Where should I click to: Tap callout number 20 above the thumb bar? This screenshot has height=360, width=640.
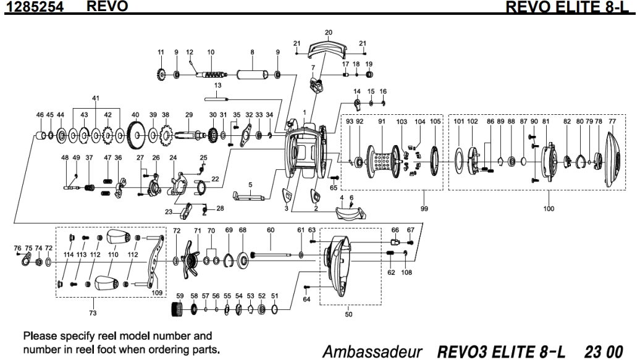point(328,31)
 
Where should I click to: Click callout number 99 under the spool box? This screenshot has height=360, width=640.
point(424,209)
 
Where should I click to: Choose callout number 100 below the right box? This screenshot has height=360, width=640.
point(549,209)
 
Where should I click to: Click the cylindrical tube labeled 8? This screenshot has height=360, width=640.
point(251,75)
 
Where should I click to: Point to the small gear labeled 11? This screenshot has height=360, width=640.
point(161,75)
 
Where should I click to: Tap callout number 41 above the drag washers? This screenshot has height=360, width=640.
point(95,98)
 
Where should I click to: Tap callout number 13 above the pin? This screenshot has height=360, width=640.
point(217,85)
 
